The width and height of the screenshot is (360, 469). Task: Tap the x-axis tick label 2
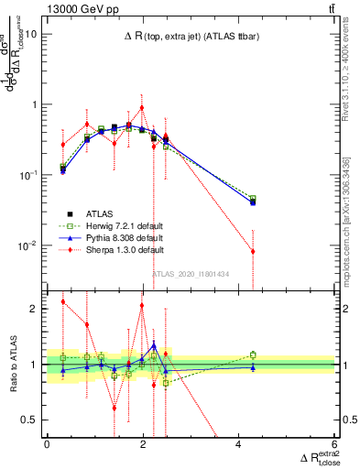coord(143,444)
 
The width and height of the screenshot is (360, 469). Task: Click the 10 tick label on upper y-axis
coord(29,34)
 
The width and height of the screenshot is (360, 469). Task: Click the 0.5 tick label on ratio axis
coord(29,420)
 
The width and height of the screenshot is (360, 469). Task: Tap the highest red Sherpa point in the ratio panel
coord(63,301)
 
